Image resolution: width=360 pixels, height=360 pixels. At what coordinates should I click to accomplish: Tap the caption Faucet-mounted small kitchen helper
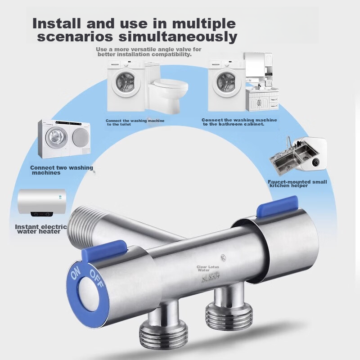(x=297, y=184)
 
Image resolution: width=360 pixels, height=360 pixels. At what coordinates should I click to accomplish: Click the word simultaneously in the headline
(x=182, y=37)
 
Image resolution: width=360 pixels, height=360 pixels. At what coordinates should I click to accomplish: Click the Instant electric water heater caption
(x=40, y=229)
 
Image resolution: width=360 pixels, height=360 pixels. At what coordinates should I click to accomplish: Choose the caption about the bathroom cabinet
(x=239, y=122)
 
